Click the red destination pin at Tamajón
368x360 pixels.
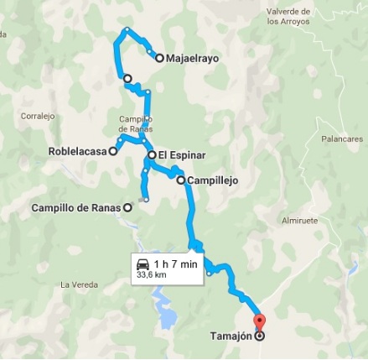258,321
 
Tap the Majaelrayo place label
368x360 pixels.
194,59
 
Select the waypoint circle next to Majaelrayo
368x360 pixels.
159,58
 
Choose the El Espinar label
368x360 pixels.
182,155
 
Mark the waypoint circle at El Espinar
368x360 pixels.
151,155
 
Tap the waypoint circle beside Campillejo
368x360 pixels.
179,180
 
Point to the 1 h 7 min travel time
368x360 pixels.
175,264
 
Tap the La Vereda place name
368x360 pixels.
77,284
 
